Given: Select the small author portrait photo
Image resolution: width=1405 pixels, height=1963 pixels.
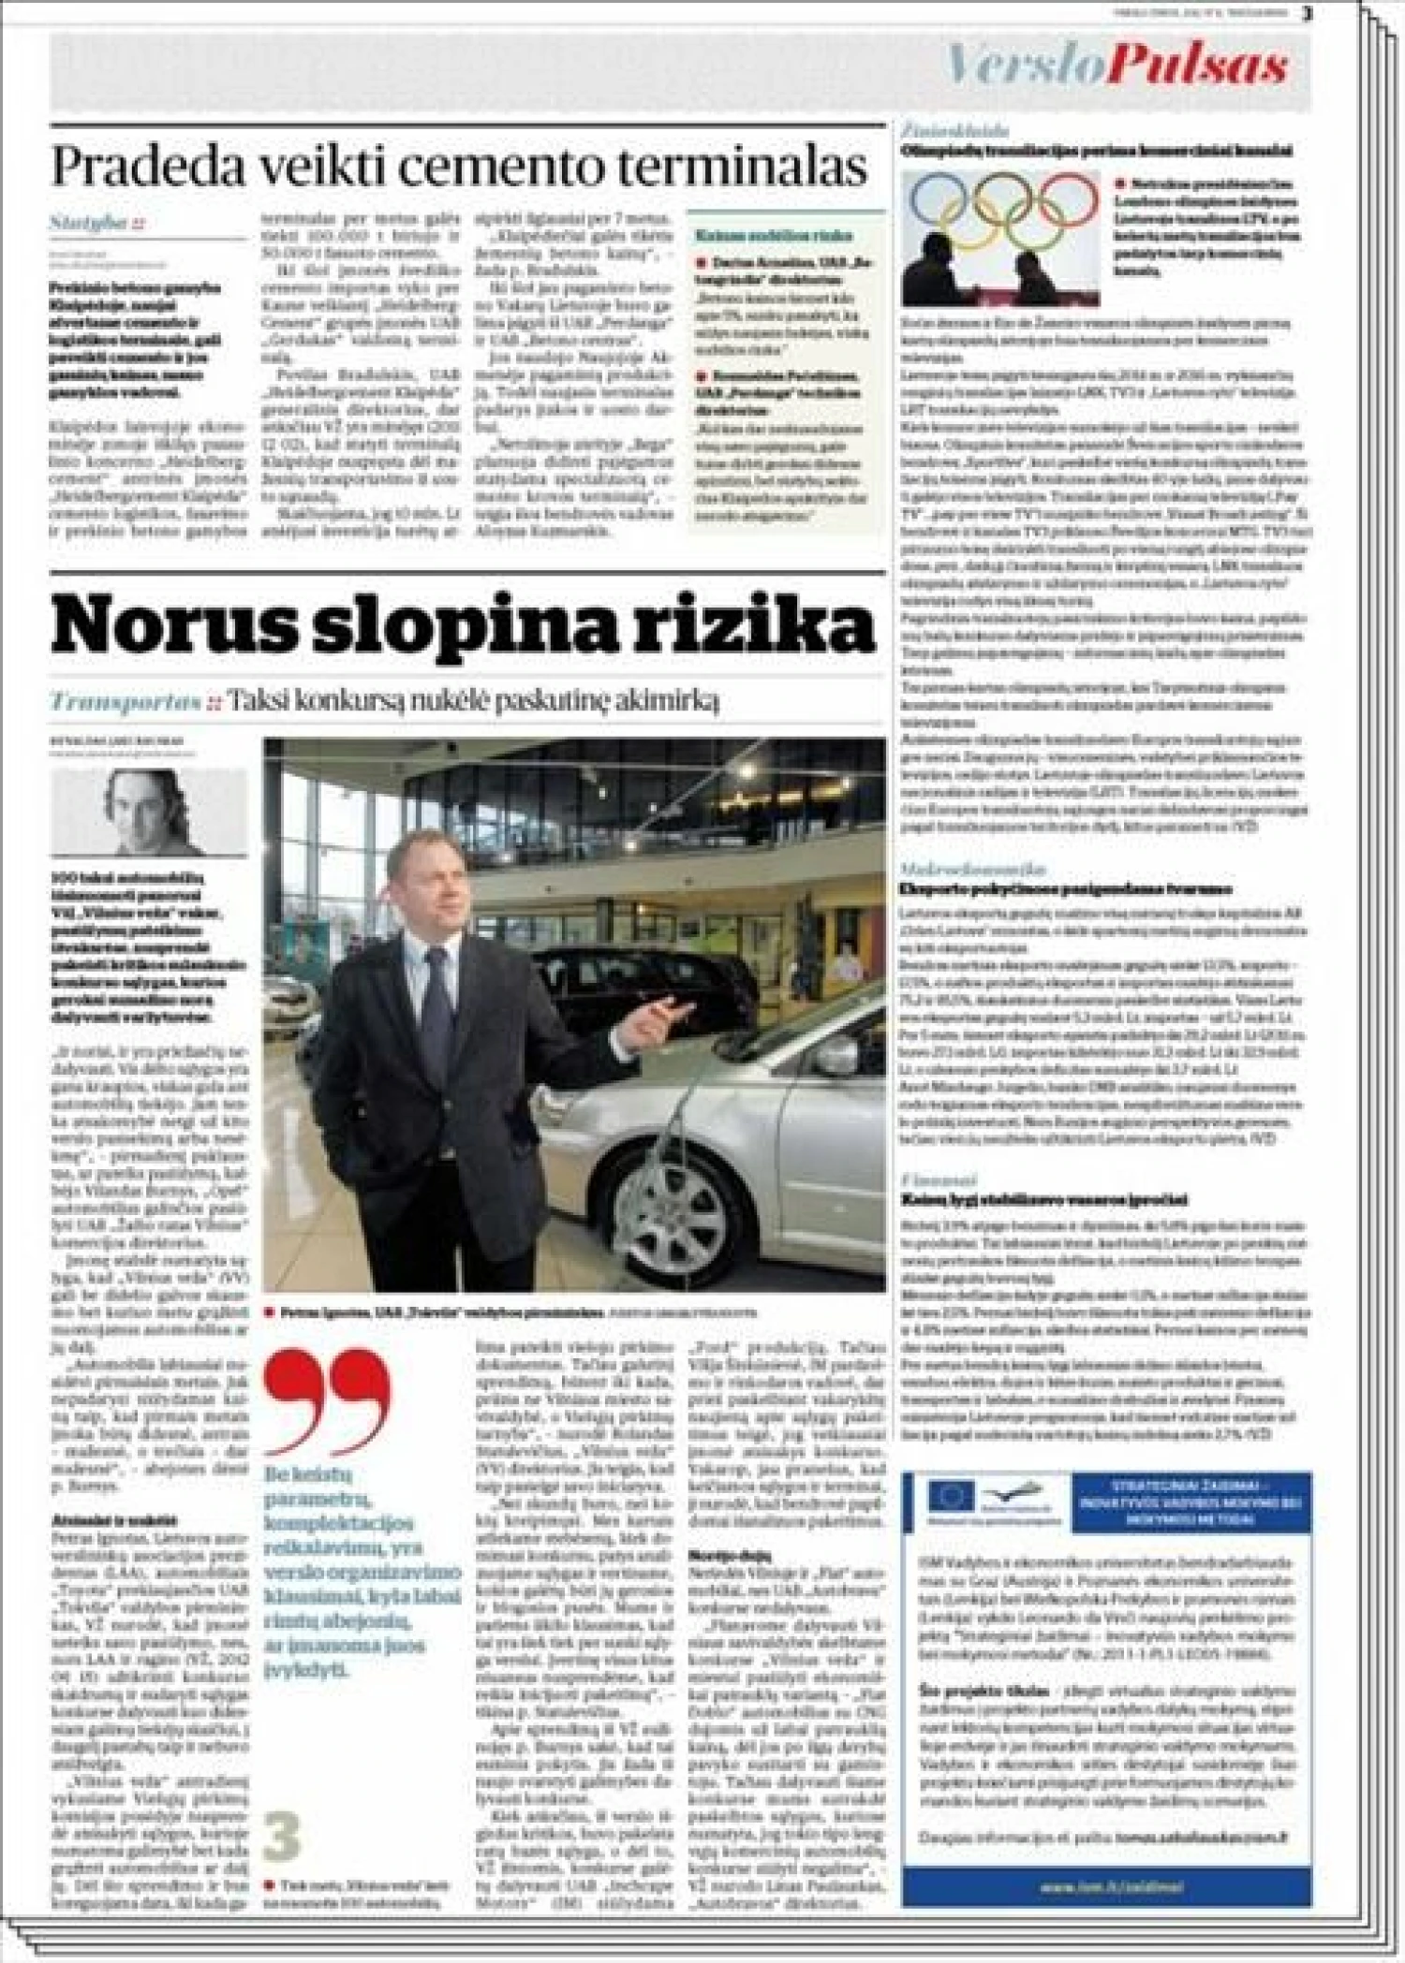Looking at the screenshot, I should click(149, 811).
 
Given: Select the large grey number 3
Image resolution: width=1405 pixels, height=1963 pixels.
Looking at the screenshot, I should click(282, 1837).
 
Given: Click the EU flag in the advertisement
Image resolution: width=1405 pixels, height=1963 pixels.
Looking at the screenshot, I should click(952, 1499).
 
